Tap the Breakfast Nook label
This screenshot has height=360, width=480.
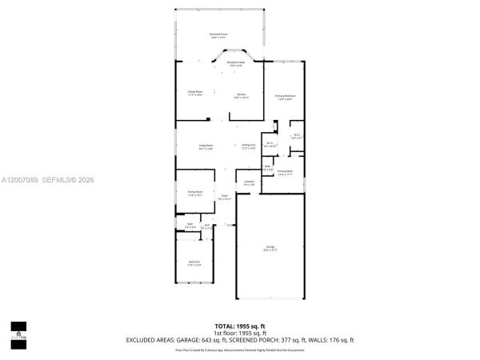tap(235, 64)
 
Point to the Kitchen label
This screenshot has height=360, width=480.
tap(241, 96)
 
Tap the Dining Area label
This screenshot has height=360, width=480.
tap(249, 146)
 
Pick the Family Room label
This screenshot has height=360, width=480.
tap(195, 193)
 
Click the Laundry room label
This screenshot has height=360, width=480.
tap(250, 183)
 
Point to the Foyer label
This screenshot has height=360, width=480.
tap(226, 197)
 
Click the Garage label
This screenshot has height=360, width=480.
tap(270, 249)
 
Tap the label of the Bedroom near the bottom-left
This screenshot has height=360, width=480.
tap(194, 263)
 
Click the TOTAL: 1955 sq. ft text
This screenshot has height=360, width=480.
tap(239, 326)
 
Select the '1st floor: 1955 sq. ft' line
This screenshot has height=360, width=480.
tap(239, 333)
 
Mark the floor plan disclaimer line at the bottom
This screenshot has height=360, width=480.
tap(239, 350)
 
